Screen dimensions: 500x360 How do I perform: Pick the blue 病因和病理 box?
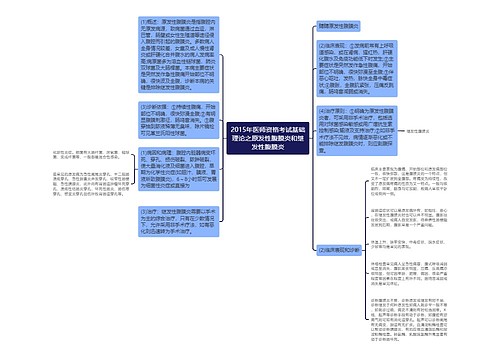[168, 203]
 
